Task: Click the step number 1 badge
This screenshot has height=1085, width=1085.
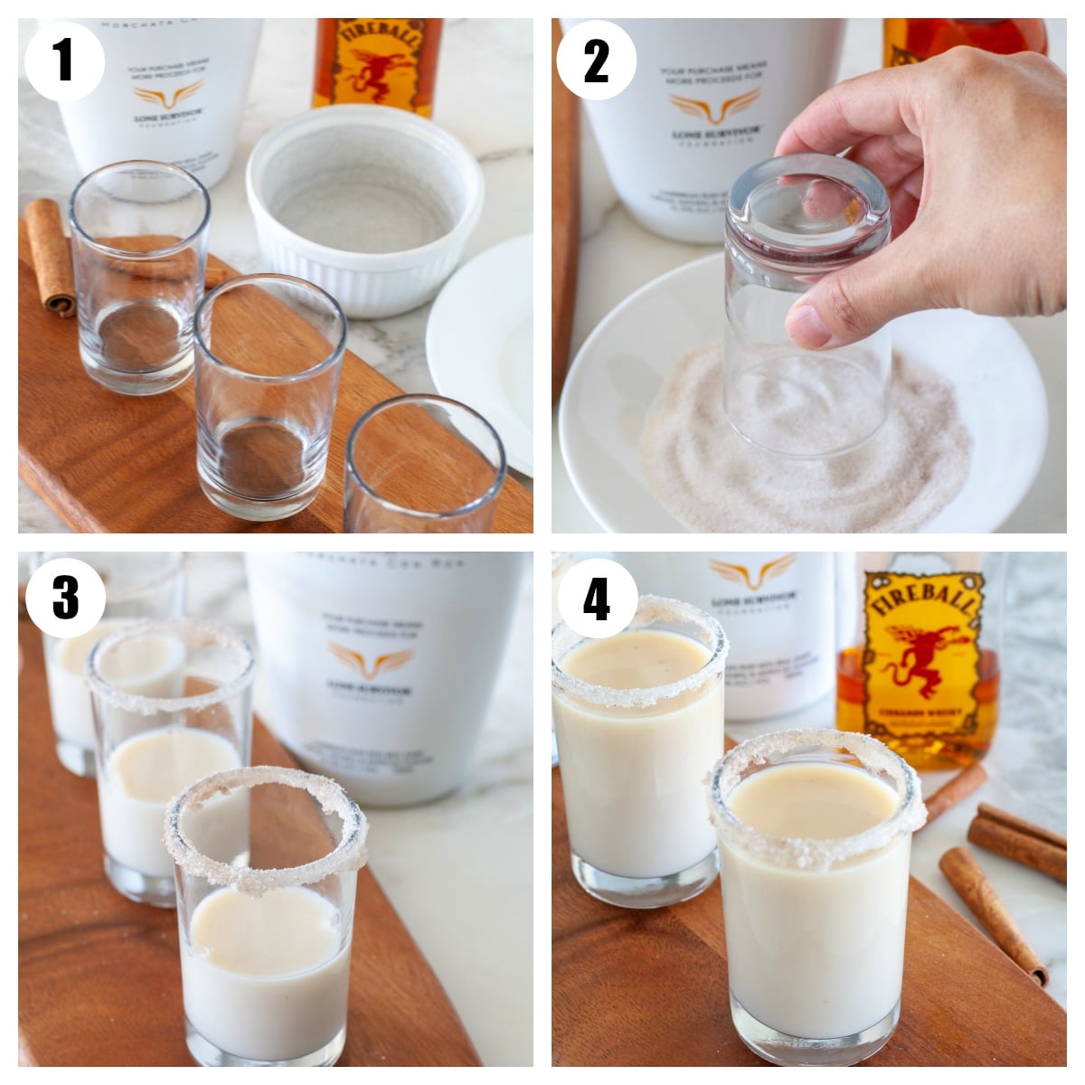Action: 63,61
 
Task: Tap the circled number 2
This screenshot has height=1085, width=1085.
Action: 596,61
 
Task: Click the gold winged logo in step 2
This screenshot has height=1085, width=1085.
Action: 713,107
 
